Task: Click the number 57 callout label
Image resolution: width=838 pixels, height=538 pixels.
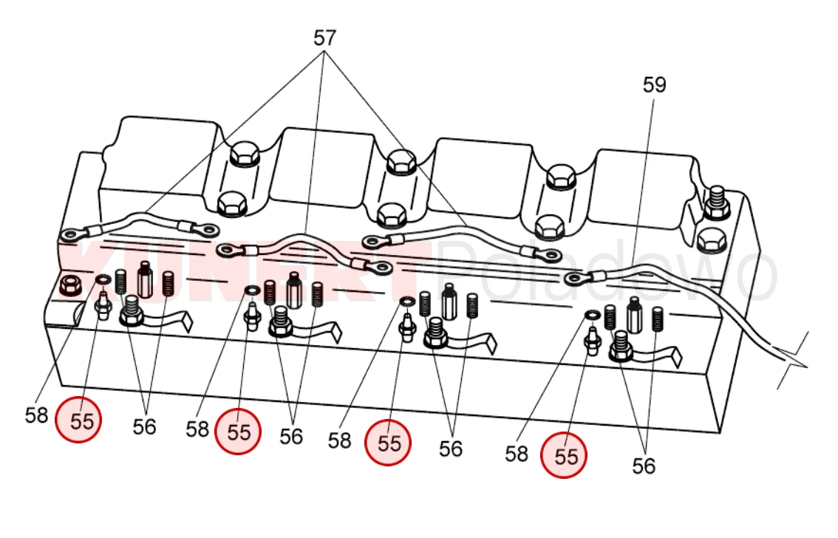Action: tap(324, 38)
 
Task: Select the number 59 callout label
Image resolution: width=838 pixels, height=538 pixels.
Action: tap(654, 85)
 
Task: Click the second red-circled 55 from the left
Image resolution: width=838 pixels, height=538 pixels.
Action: tap(238, 431)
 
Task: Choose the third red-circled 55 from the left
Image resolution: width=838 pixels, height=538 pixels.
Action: tap(389, 442)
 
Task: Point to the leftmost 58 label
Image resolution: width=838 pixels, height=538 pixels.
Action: tap(36, 415)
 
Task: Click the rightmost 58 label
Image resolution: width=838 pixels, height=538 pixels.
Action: tap(517, 453)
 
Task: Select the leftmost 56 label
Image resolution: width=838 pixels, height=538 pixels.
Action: tap(144, 426)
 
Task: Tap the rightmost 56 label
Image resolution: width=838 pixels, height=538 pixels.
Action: tap(644, 466)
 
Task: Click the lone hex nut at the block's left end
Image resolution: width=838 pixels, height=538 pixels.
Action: tap(70, 285)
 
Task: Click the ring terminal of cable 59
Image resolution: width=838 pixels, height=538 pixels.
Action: tap(574, 279)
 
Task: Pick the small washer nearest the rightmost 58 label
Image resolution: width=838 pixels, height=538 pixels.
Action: tap(592, 316)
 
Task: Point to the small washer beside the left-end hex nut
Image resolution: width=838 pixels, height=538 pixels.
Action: tap(102, 279)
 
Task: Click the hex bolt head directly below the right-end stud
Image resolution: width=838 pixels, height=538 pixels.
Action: tap(712, 239)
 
